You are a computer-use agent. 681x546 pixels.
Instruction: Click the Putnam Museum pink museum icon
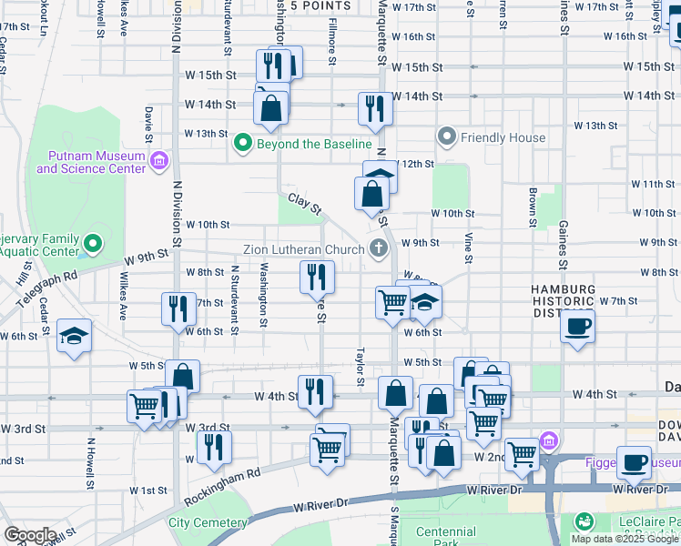[159, 161]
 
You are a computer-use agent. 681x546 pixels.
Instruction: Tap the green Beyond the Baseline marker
[242, 144]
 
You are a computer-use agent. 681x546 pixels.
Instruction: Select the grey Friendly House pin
[447, 137]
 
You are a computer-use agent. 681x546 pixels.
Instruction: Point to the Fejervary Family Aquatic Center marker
[92, 244]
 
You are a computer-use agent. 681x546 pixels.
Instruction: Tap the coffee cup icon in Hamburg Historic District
[578, 326]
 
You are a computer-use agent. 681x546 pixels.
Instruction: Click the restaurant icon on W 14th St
[374, 108]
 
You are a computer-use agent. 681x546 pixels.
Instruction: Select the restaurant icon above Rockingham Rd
[214, 446]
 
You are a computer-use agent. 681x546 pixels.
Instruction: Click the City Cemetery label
[208, 523]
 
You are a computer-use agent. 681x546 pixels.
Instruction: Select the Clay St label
[305, 204]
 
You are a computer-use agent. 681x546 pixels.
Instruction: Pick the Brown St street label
[532, 207]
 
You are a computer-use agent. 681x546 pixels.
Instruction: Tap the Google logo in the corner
[30, 535]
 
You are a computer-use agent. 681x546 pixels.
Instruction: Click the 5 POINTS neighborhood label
[320, 5]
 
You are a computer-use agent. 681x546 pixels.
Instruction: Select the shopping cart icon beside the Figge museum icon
[522, 452]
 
